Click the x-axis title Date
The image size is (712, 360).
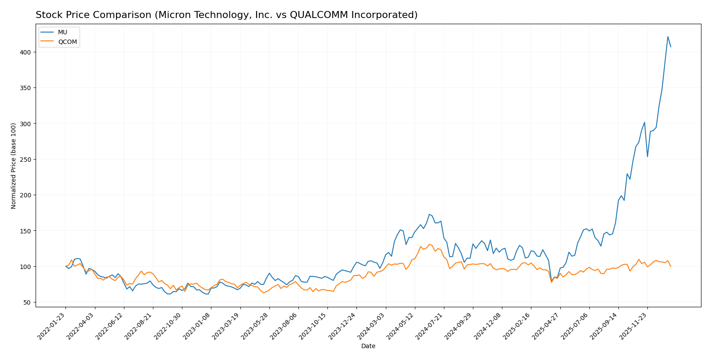[368, 346]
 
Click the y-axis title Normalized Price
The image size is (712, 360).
[14, 166]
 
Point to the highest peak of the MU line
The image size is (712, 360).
[668, 36]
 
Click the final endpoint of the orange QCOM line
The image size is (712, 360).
[671, 266]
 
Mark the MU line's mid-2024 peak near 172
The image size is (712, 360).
[429, 215]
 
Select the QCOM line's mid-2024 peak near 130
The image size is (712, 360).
[429, 244]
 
